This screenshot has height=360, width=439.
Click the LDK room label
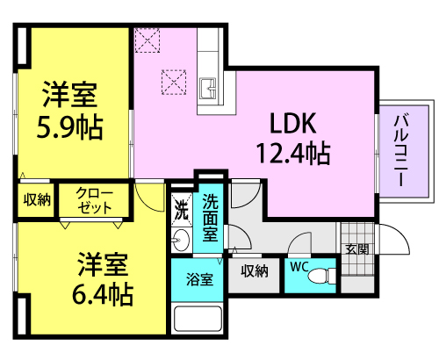point(293,123)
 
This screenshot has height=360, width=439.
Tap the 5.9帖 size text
point(69,127)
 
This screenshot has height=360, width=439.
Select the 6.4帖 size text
point(103,294)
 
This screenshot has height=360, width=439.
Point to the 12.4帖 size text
point(293,153)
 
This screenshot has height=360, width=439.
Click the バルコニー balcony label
point(402,150)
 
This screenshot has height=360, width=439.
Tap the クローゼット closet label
point(94,200)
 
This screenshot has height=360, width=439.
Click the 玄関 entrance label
point(356,248)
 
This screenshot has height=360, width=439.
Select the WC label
point(299,267)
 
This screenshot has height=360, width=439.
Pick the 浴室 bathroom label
point(199,279)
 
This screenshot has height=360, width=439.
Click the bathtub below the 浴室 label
point(198,319)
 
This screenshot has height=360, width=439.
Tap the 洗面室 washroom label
point(210,218)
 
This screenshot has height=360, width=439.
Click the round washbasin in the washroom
point(181,240)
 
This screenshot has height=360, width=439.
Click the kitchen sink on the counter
point(208,89)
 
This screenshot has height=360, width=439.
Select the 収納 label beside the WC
point(255,271)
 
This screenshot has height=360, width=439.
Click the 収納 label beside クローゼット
point(37,200)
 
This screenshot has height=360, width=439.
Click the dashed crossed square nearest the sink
point(174,83)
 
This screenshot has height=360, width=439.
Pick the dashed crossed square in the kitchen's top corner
point(148,40)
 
